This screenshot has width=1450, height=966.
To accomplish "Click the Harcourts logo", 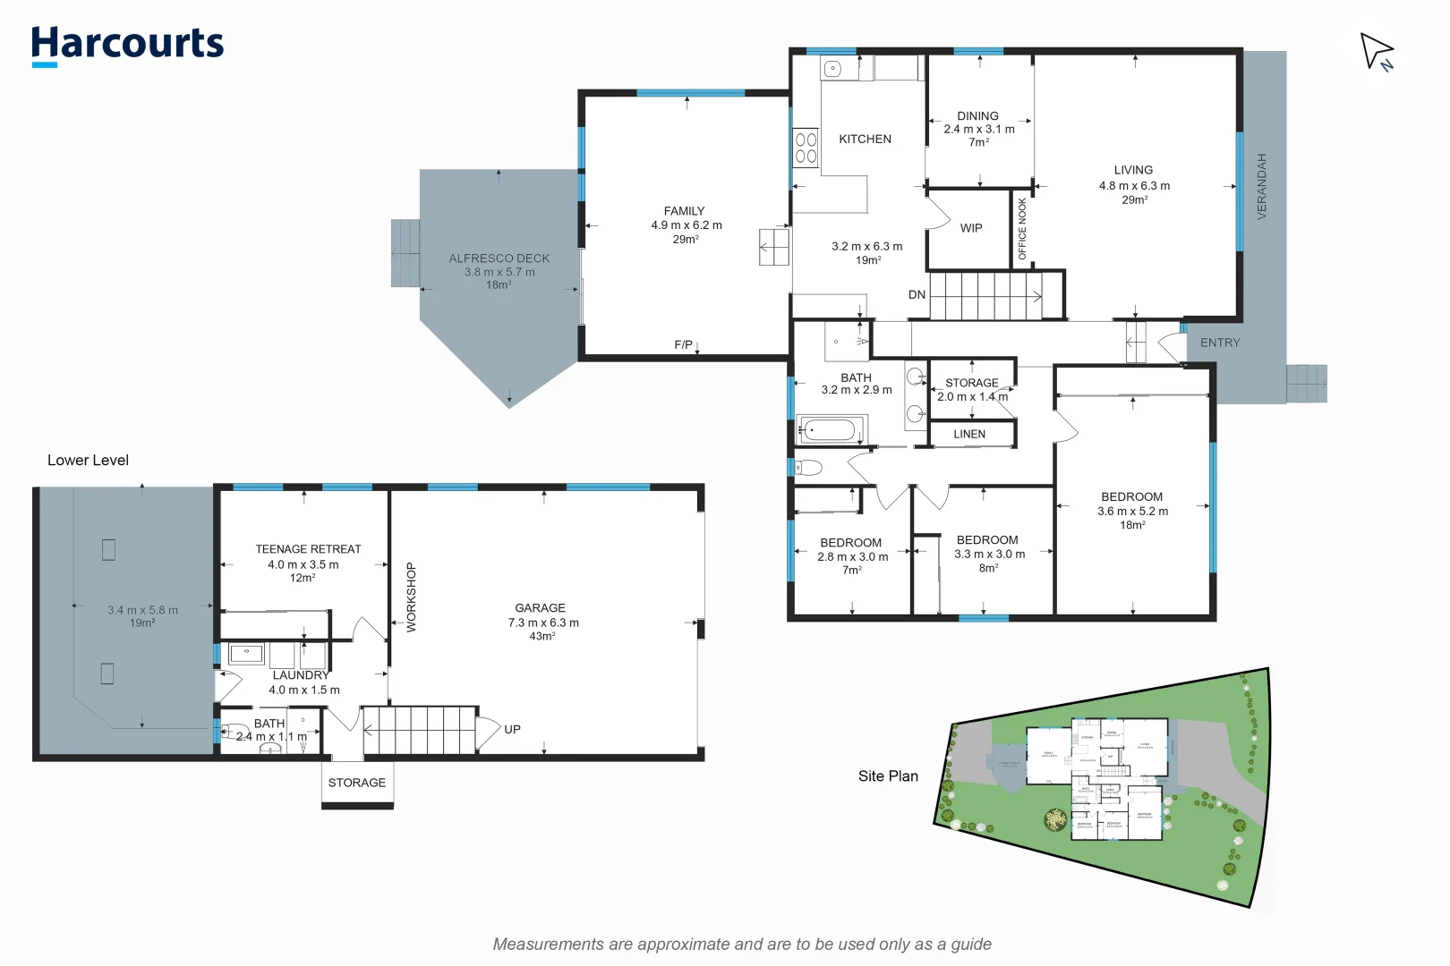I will click(x=127, y=44).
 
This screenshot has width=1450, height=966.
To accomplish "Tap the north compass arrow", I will click(x=1377, y=51).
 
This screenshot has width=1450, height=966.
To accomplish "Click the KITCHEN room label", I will click(x=865, y=139).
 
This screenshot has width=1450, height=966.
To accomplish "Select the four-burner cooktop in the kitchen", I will click(x=806, y=148).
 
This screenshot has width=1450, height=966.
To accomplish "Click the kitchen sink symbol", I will click(x=833, y=68).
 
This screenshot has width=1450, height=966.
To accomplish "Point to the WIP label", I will click(x=971, y=228).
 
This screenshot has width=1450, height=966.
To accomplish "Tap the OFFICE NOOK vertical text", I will click(x=1022, y=229).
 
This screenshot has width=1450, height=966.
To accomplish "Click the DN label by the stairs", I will click(x=917, y=294).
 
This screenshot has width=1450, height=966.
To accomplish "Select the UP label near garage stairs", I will click(x=512, y=729).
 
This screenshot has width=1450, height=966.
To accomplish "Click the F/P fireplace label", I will click(x=683, y=344).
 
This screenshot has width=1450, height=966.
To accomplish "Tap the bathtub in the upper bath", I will click(x=829, y=430).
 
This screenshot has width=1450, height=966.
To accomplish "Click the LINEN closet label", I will click(x=969, y=434).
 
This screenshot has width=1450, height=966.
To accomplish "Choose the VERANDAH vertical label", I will click(x=1262, y=186).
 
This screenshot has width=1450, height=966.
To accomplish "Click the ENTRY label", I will click(x=1220, y=343).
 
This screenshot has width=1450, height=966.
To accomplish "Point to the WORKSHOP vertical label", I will click(x=412, y=597).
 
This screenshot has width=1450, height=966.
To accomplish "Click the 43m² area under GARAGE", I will click(x=542, y=636).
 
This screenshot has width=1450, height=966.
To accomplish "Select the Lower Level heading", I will click(x=88, y=460).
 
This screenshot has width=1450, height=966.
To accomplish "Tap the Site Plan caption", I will click(x=888, y=775).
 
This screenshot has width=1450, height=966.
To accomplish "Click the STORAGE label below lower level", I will click(x=356, y=782).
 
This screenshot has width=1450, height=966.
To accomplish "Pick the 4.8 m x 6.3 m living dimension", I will click(x=1134, y=186).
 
